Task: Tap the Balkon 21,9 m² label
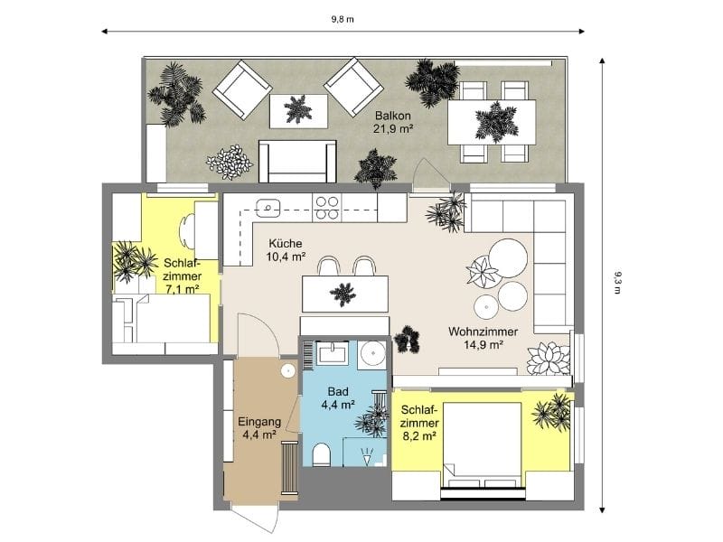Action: pos(393,122)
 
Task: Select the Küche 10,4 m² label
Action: pos(286,250)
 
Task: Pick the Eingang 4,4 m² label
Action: pos(259,427)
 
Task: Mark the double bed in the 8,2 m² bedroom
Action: pos(482,441)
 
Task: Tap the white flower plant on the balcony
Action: pos(230,163)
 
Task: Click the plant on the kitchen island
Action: pos(343,293)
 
